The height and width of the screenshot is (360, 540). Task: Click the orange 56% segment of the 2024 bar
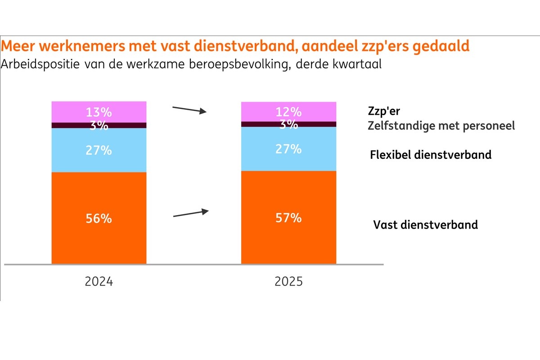pos(99,218)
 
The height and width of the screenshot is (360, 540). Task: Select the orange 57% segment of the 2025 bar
pos(288,218)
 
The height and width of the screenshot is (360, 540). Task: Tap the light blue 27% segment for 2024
pos(99,150)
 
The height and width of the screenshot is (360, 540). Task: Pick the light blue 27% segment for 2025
pos(288,149)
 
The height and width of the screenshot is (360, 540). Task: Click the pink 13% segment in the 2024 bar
pos(99,112)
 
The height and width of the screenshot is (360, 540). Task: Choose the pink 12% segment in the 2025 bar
pos(288,111)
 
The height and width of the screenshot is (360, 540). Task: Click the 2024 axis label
pos(99,282)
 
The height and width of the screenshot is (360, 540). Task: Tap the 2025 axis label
pos(288,282)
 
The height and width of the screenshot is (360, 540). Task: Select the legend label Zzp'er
pos(384,112)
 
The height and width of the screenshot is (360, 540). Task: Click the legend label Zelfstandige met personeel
pos(441,126)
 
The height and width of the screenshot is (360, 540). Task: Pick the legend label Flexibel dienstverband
pos(431,155)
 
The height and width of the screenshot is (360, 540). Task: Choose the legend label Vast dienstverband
pos(425,224)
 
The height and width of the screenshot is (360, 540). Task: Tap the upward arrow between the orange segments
pos(191,213)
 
